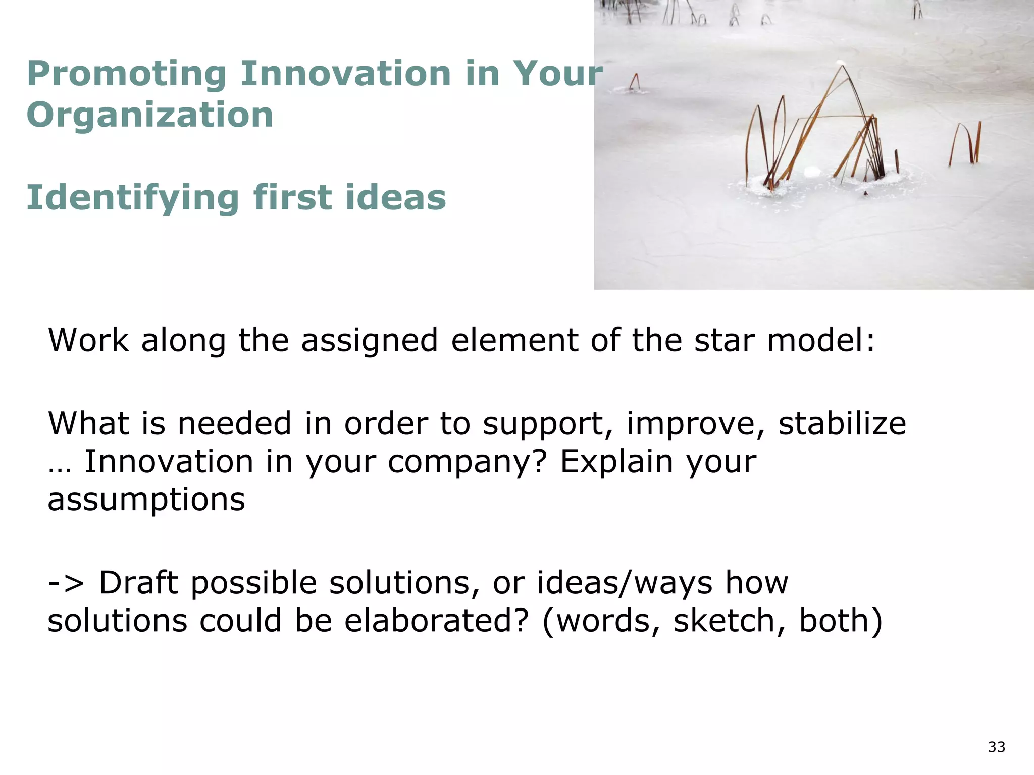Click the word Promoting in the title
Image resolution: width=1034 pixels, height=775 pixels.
126,75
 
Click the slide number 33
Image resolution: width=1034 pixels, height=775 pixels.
997,747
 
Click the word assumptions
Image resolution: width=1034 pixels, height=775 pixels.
146,500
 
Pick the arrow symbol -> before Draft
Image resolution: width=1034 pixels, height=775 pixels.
66,583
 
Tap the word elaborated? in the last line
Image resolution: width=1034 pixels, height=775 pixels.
437,621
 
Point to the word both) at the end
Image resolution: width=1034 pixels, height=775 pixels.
841,621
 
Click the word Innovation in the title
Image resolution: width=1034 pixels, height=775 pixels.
345,75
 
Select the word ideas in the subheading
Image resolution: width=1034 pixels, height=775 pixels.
396,198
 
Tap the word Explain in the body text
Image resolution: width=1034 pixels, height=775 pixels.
616,462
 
